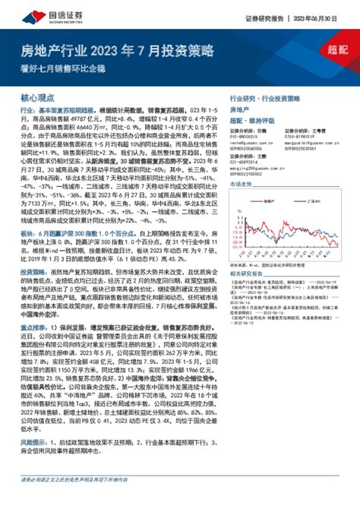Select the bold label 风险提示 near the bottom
30,462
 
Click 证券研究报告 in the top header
264,17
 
